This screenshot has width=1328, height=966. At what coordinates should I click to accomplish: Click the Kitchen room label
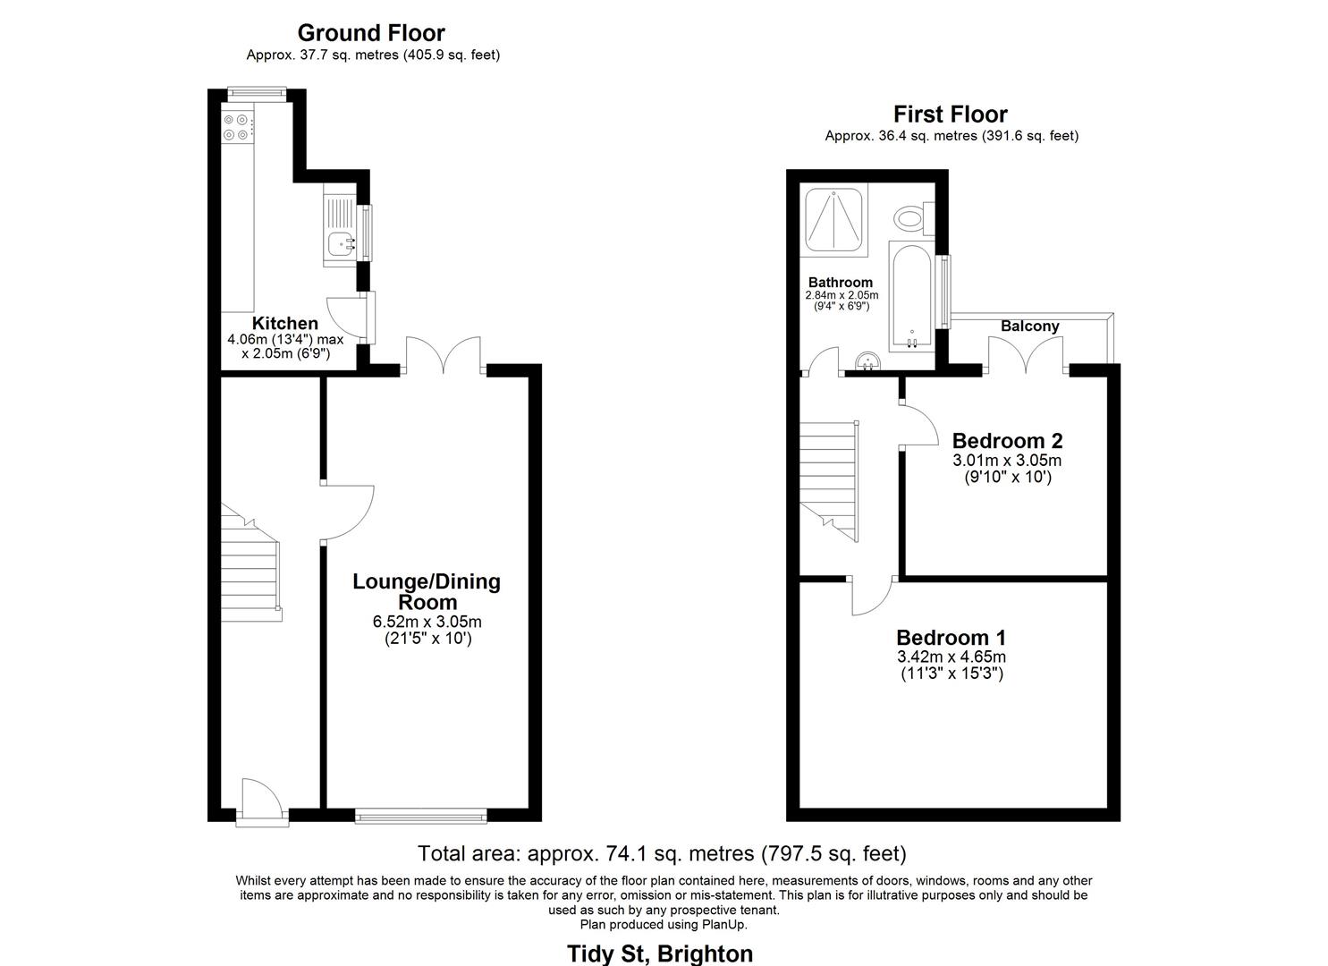[284, 324]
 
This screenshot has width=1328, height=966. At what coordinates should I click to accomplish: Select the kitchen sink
[340, 241]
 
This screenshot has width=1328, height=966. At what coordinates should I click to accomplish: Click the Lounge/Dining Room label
[427, 591]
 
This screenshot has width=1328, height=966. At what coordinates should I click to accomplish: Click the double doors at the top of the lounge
[444, 356]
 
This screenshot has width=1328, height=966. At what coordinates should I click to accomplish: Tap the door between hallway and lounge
[347, 513]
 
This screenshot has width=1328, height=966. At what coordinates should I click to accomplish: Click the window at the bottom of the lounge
[420, 815]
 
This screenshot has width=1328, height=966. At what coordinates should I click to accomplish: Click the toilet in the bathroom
[912, 217]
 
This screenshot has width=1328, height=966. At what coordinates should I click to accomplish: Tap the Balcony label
[1029, 326]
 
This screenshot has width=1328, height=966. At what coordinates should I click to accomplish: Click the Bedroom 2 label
[1007, 441]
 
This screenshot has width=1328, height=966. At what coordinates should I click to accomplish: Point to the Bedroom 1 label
[951, 638]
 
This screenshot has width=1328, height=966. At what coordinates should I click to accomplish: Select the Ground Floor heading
[371, 33]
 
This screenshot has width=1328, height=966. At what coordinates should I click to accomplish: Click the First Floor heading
[950, 114]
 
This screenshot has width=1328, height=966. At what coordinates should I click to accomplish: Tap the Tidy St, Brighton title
[660, 953]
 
